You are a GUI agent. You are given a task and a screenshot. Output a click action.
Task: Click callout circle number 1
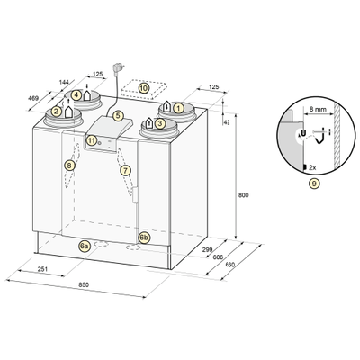click(x=179, y=108)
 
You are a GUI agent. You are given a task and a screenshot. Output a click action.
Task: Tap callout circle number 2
click(x=56, y=112)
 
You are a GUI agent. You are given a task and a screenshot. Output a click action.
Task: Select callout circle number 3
click(x=160, y=122)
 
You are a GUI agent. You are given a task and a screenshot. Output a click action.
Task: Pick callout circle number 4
click(x=76, y=94)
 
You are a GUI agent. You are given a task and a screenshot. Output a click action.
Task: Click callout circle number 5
click(x=118, y=115)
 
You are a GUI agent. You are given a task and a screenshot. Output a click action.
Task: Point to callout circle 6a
click(x=85, y=247)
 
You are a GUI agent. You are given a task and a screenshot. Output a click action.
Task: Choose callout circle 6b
click(x=144, y=238)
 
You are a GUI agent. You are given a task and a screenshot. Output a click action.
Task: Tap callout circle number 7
click(x=125, y=171)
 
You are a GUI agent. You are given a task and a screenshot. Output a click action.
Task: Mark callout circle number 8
click(x=69, y=166)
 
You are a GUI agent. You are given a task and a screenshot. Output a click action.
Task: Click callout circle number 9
click(x=314, y=184)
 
